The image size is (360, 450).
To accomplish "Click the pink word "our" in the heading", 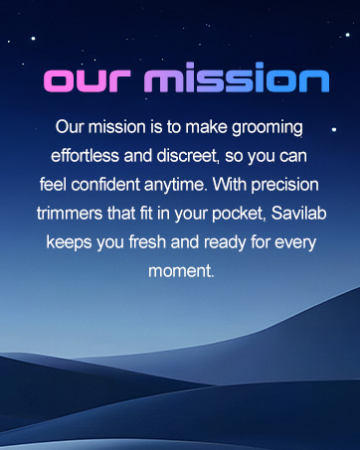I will coord(90,81).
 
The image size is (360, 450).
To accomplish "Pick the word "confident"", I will coord(120,185).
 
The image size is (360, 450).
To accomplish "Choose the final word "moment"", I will coord(180,270).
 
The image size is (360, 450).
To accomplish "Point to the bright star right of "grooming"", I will coord(333,130).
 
